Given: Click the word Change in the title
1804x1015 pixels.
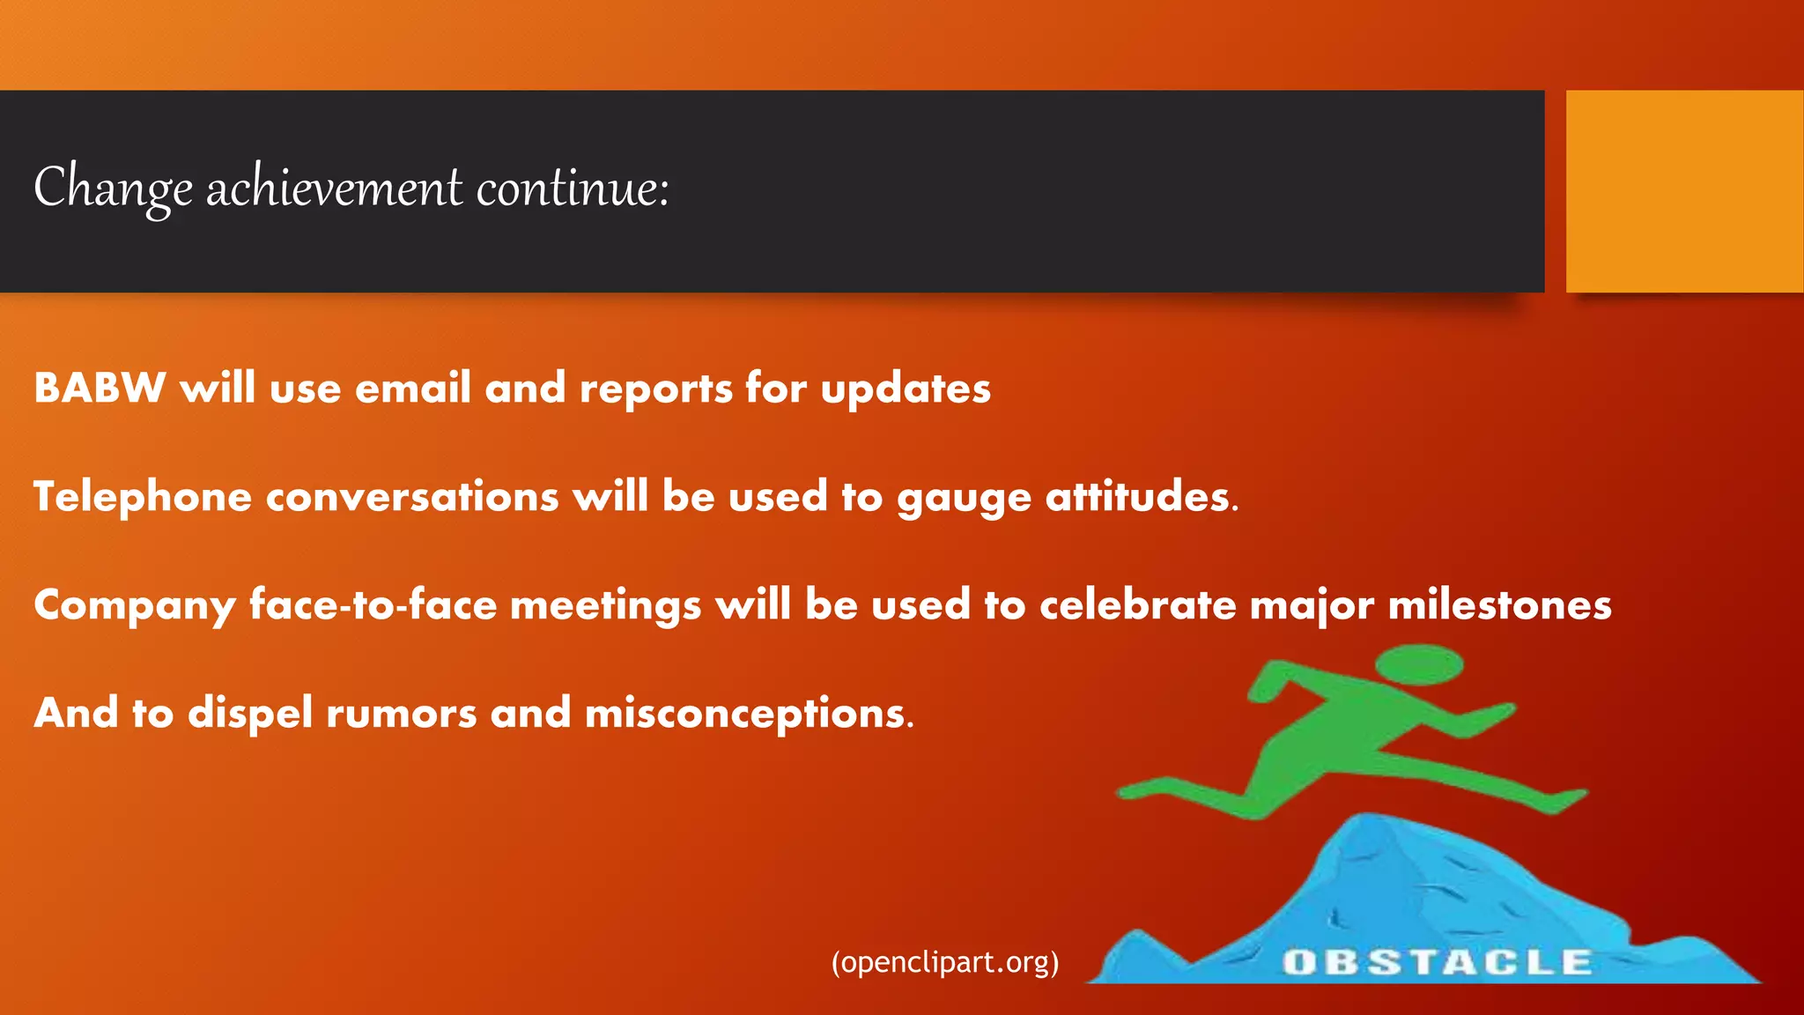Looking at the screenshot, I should point(113,188).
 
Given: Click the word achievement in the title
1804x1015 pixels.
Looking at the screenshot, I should point(334,188).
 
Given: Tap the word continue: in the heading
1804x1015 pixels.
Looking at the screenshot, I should point(573,188).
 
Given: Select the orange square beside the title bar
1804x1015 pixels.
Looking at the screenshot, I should point(1683,191).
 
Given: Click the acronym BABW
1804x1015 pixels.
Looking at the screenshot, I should point(100,389).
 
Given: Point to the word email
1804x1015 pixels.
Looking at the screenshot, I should point(412,389).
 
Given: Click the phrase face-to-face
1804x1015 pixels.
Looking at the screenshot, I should point(373,605).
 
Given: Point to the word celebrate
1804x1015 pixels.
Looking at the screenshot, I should point(1137,605).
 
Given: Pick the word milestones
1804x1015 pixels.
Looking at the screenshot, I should point(1499,605).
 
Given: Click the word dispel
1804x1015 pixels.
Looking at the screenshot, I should point(249,714).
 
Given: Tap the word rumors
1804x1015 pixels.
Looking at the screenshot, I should point(401,714).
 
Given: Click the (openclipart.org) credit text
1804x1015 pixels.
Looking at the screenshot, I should point(945,962).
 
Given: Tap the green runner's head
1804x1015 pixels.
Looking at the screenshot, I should point(1419,663).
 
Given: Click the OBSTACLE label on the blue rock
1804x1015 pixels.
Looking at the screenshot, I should point(1437,962).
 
